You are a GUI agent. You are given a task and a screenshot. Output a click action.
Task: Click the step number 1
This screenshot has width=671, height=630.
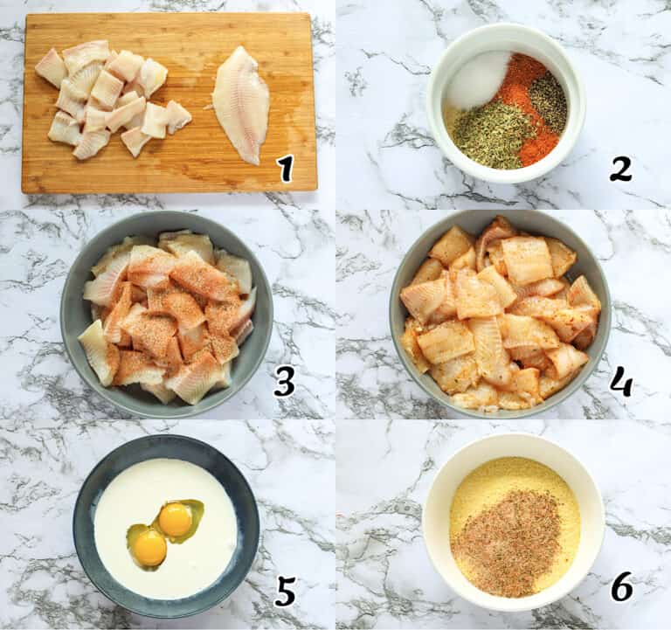point(286,168)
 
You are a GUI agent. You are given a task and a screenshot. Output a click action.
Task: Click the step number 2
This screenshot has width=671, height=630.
point(620,168)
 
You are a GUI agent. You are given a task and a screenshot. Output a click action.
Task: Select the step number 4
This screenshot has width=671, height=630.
point(621,381)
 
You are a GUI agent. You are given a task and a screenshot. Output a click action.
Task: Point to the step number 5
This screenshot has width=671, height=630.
point(286,591)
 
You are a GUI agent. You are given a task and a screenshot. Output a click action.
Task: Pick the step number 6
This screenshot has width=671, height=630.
point(621,586)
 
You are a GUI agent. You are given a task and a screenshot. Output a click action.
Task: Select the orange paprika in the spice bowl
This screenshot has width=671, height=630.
point(528,105)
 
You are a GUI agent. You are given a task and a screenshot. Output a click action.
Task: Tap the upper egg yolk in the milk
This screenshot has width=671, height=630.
point(176,520)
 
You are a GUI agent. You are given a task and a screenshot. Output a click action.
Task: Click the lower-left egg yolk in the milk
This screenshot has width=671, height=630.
point(149,547)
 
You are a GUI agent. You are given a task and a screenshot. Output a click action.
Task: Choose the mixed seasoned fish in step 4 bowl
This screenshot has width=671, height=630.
point(500,315)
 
